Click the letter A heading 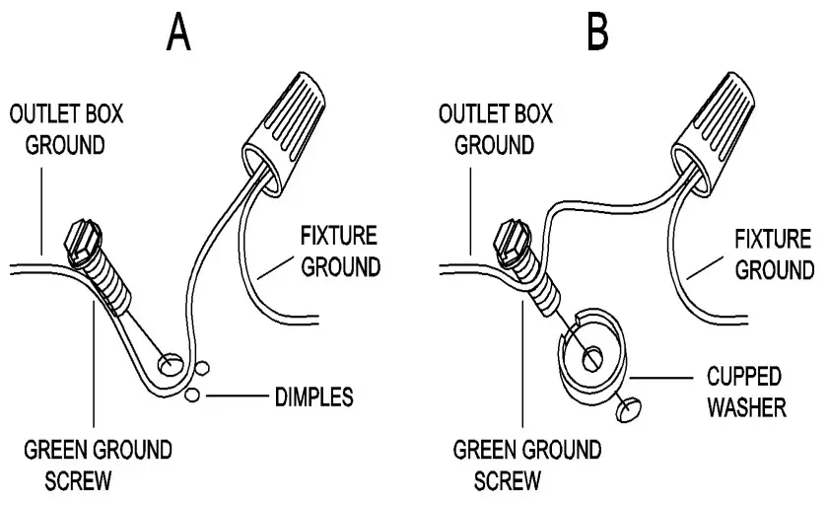[x=179, y=32]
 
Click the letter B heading [x=598, y=32]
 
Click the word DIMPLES [x=312, y=398]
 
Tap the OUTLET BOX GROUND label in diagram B [x=489, y=129]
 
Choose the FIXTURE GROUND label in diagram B [x=774, y=253]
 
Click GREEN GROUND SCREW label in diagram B [x=526, y=466]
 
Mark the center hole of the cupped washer [x=593, y=358]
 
